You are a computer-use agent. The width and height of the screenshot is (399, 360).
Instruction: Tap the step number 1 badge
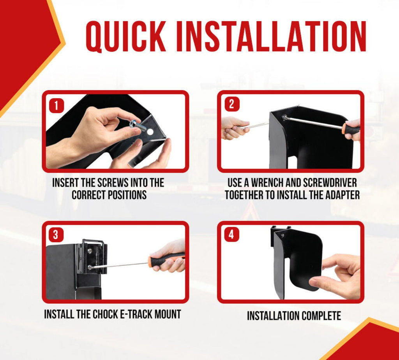tap(56, 106)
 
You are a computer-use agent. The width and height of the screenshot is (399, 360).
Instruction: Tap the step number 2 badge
tap(231, 104)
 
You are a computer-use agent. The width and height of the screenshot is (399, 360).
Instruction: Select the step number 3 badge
tap(56, 235)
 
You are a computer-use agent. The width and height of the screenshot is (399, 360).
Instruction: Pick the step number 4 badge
tap(231, 234)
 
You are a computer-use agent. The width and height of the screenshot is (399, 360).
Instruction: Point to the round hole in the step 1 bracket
tap(150, 132)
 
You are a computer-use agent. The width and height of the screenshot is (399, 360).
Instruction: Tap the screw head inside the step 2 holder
tap(284, 117)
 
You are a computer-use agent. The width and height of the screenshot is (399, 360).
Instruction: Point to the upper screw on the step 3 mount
tap(90, 251)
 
